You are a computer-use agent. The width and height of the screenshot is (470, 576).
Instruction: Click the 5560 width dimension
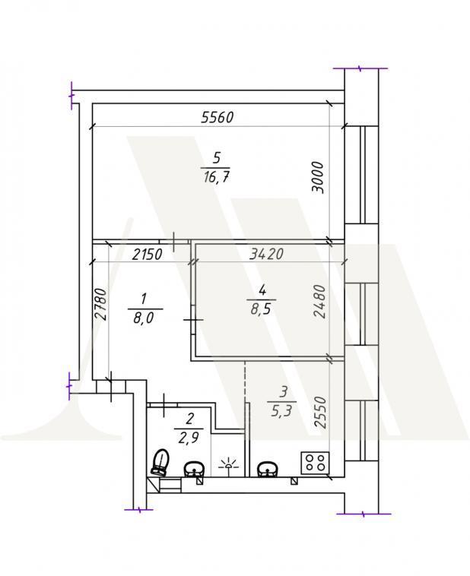tap(218, 118)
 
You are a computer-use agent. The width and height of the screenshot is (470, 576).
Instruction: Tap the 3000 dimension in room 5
tap(317, 177)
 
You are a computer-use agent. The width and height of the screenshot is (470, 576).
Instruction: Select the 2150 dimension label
tap(147, 255)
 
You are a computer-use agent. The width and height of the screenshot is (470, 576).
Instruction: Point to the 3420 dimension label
tap(266, 254)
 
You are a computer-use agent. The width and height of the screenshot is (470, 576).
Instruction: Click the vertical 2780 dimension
tap(100, 305)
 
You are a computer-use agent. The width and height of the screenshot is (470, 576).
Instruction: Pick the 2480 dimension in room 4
tap(319, 301)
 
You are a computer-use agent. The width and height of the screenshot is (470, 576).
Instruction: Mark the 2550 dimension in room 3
tap(320, 412)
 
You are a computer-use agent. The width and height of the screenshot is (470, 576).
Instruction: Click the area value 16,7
tap(215, 178)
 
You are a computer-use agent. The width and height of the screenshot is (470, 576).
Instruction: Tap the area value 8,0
tap(144, 318)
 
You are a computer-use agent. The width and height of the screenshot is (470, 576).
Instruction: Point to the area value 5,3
tap(281, 410)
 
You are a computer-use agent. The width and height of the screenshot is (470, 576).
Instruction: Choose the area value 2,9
tap(189, 438)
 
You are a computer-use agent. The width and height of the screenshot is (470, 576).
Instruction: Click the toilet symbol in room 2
tap(160, 462)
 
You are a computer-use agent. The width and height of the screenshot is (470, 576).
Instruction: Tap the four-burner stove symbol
tap(315, 463)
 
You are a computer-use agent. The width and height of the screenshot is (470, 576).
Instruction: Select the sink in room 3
tap(268, 469)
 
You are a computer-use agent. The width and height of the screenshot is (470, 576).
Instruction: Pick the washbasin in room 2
tap(194, 470)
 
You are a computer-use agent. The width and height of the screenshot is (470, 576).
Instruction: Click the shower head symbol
tap(228, 464)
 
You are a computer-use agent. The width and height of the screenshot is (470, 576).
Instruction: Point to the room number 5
tap(217, 158)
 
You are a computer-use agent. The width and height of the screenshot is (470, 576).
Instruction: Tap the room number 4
tap(262, 290)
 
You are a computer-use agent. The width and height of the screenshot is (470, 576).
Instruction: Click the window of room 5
tap(361, 175)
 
